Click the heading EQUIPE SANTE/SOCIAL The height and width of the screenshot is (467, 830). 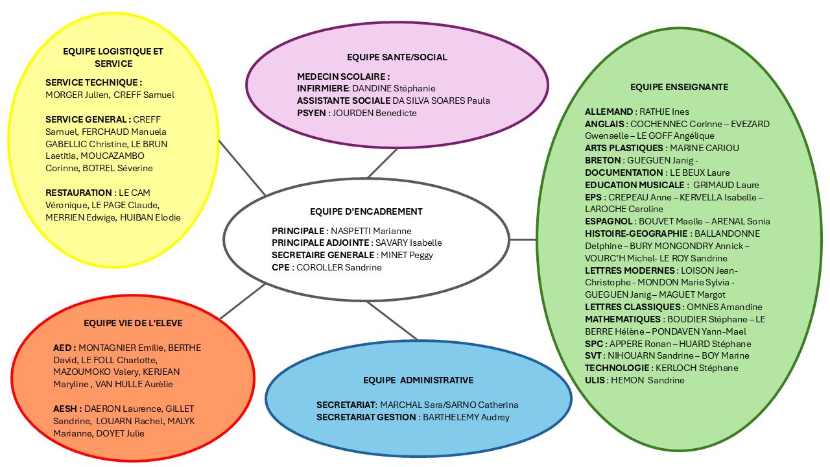click(397, 57)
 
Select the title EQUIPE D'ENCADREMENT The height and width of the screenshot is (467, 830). click(366, 211)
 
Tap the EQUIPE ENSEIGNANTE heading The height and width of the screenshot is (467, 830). click(679, 87)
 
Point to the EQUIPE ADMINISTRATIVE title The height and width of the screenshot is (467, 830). click(418, 380)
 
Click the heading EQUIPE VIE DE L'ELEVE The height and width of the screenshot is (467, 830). click(133, 323)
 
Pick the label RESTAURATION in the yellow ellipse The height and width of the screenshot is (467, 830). click(78, 193)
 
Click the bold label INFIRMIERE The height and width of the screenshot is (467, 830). click(323, 89)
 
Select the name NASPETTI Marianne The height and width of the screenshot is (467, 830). click(371, 232)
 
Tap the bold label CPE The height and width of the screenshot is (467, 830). click(281, 268)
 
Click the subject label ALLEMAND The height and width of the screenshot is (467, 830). click(609, 112)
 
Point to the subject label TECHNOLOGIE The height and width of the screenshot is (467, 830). click(617, 368)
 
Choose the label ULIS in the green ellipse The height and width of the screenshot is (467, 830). click(595, 380)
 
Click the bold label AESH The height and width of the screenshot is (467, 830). click(65, 409)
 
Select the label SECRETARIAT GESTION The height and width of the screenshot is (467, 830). click(366, 417)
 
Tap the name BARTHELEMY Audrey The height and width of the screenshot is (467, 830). click(466, 417)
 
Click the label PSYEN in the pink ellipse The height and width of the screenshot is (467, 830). click(311, 113)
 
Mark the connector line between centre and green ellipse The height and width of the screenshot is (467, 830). click(523, 240)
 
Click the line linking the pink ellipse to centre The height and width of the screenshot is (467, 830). click(383, 163)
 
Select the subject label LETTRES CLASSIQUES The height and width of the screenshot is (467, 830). click(632, 307)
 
